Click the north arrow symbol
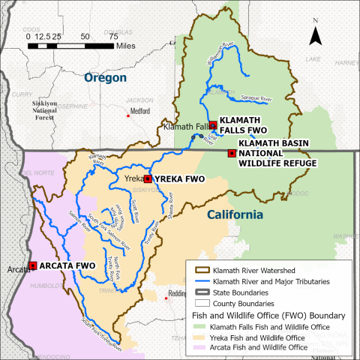317,36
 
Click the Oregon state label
105,77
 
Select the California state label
235,215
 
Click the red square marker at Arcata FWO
34,265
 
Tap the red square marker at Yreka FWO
148,178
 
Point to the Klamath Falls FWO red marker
212,124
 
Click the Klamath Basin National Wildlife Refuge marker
231,153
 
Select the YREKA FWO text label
179,179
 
